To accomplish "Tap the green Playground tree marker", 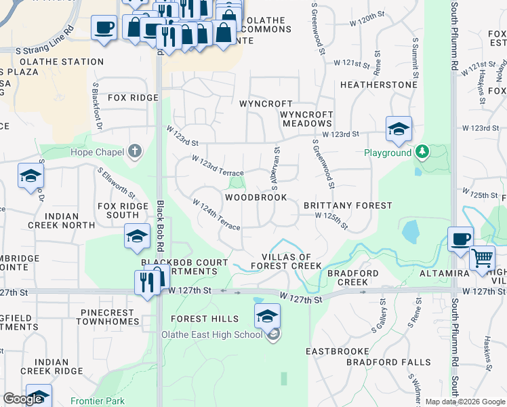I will click(422, 151).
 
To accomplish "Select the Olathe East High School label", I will click(211, 334).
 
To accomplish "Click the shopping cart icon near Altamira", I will click(482, 258).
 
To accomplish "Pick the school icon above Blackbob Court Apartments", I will click(137, 237).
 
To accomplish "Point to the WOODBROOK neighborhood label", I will click(256, 197).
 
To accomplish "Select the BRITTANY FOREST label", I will click(347, 206).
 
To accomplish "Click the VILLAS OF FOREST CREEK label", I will click(287, 262).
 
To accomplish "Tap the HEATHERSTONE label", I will click(378, 85).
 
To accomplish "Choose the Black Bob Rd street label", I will click(161, 225).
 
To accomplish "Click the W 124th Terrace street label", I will click(216, 214).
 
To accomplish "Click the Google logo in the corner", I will click(23, 400).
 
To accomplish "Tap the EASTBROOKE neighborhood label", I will click(337, 351).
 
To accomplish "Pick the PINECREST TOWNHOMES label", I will click(108, 317).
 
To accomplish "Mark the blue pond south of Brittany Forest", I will click(410, 232).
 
